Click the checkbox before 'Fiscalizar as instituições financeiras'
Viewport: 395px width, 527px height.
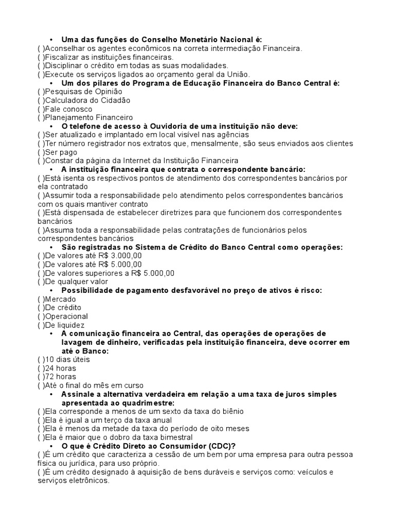click(41, 57)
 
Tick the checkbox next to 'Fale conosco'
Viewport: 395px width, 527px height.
click(41, 109)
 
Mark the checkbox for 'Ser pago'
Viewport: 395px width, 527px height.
click(41, 152)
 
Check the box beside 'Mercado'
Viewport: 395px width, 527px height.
click(41, 299)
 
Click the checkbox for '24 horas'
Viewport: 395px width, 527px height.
click(41, 368)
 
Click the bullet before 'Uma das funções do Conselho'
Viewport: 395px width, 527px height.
click(51, 40)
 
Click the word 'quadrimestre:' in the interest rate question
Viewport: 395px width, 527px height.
click(149, 402)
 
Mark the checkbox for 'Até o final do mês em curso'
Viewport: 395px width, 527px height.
click(41, 385)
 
